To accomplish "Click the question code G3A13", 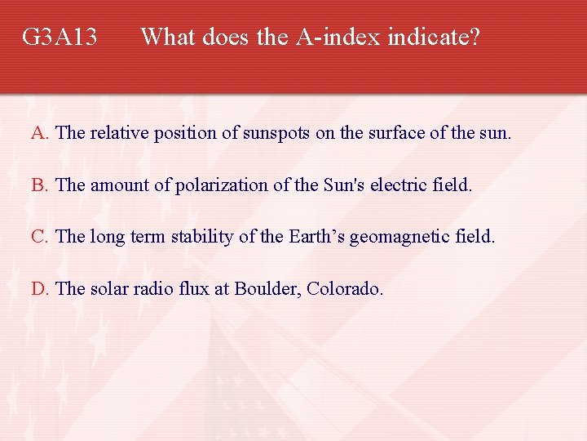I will pyautogui.click(x=60, y=37).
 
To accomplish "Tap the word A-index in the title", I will pyautogui.click(x=339, y=37).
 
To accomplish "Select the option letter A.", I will pyautogui.click(x=39, y=133).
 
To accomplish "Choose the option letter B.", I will pyautogui.click(x=39, y=185).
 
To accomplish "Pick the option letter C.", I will pyautogui.click(x=39, y=237).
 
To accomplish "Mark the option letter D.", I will pyautogui.click(x=39, y=288).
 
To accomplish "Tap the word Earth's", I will pyautogui.click(x=318, y=237).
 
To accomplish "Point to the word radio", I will pyautogui.click(x=144, y=288).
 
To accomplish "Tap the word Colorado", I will pyautogui.click(x=344, y=288).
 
